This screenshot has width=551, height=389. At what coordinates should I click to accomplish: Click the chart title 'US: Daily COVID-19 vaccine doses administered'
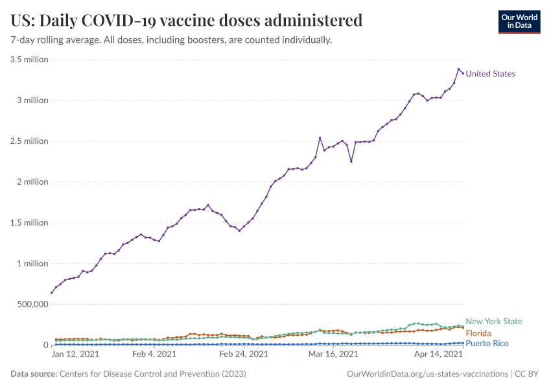click(187, 20)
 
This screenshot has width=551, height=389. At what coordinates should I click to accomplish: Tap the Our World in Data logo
click(519, 21)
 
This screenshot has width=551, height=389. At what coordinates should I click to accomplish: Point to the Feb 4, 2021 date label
click(154, 354)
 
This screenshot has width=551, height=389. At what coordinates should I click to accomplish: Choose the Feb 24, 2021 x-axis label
click(244, 354)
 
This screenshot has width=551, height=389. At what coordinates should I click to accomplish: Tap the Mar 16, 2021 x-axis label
click(333, 354)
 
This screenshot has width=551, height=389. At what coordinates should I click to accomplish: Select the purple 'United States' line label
click(491, 74)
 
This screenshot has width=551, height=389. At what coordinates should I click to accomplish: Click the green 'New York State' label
click(494, 322)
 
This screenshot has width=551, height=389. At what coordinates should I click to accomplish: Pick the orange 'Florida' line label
click(478, 333)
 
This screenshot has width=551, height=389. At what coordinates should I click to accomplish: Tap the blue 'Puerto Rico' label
click(487, 343)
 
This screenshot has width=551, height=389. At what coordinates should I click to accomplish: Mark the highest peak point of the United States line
click(458, 69)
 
